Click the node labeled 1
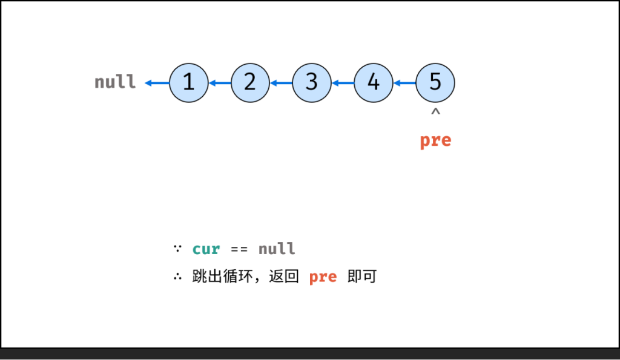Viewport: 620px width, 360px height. pos(189,83)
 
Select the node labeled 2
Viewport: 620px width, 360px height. pos(250,83)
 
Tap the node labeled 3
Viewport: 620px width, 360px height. pos(312,83)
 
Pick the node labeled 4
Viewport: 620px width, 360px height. pos(374,83)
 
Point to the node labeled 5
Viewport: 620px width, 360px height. pos(435,83)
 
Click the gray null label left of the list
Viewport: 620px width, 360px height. pos(115,82)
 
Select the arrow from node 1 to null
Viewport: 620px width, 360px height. pos(157,83)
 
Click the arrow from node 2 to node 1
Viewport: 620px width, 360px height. pos(220,83)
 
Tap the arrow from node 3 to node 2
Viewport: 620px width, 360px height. pos(281,83)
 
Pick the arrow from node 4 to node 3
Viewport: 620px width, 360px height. pos(343,83)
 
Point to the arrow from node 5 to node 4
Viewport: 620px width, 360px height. pos(404,83)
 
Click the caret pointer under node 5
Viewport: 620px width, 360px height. pos(435,112)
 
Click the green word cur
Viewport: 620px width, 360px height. pos(206,249)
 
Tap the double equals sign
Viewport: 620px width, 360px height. pos(239,249)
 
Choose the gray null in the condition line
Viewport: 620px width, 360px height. pos(277,249)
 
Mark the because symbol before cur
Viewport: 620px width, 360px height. pos(177,248)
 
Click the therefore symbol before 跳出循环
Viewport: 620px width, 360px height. pos(177,277)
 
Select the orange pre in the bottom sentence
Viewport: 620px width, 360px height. pos(323,277)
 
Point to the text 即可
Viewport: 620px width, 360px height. pos(362,277)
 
